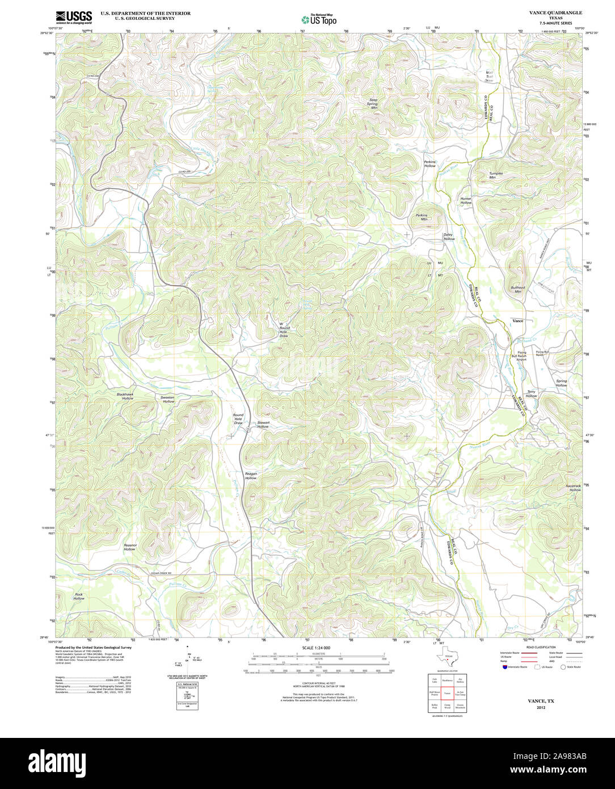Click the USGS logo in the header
tap(74, 17)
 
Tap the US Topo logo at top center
tap(319, 19)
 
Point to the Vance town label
tap(518, 321)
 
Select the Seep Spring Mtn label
tap(373, 103)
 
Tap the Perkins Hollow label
tap(429, 163)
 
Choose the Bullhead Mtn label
tap(518, 289)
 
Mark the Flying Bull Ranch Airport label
tap(521, 356)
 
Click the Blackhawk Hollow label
tap(125, 396)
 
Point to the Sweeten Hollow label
tap(167, 399)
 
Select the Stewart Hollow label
tap(263, 424)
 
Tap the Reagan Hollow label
tap(251, 476)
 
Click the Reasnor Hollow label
tap(130, 547)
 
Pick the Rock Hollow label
tap(79, 596)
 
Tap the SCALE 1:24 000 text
tap(316, 648)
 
